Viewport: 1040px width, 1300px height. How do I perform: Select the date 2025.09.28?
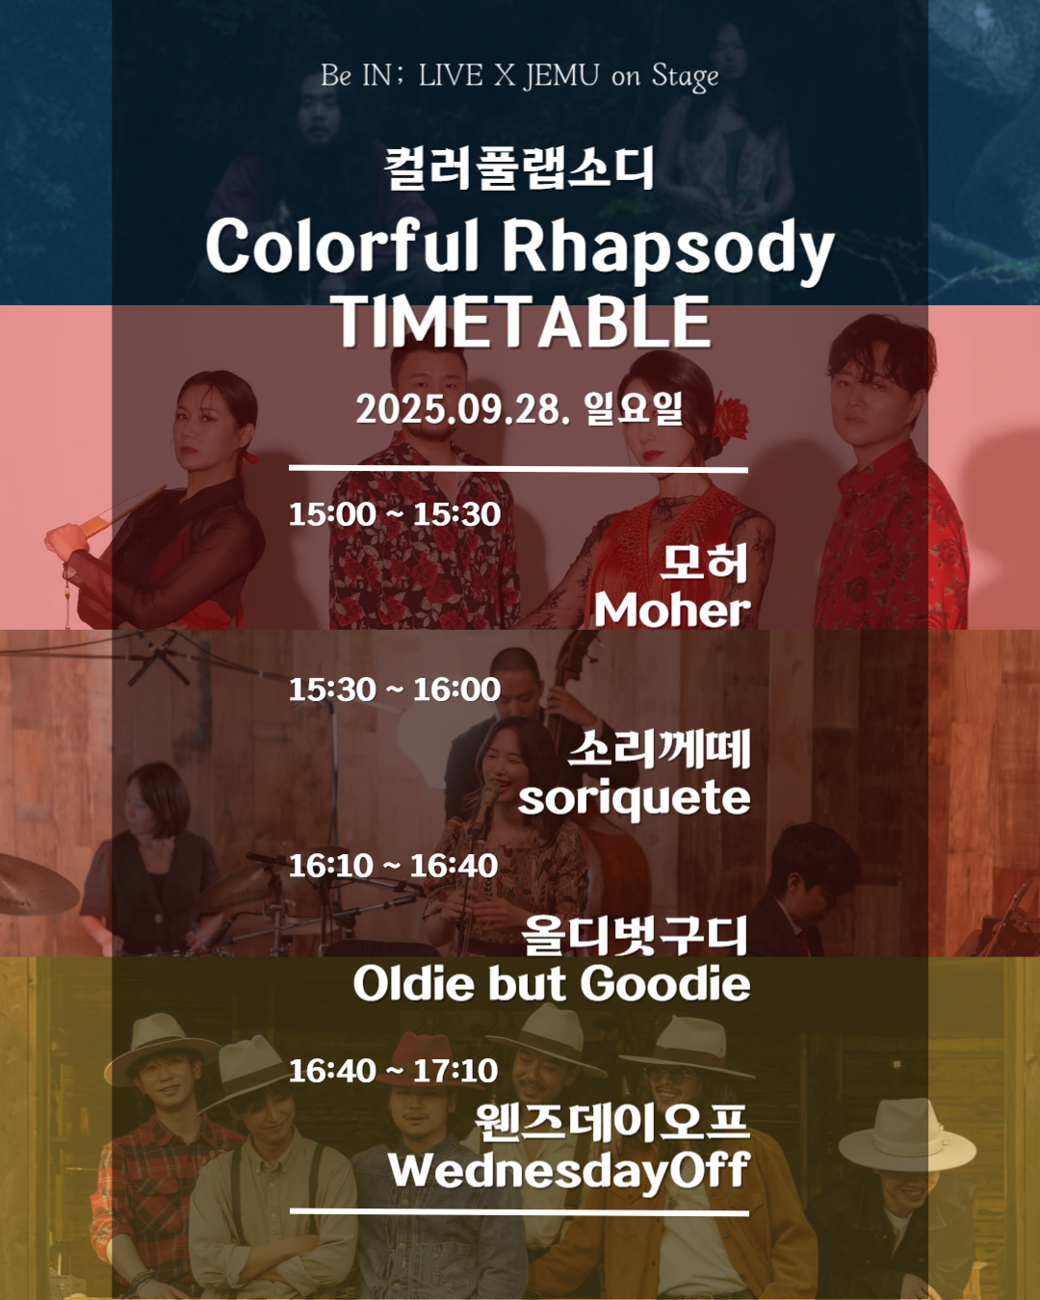(463, 410)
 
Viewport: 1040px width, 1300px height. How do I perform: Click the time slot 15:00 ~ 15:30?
(395, 514)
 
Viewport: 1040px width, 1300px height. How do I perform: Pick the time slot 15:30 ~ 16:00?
(395, 689)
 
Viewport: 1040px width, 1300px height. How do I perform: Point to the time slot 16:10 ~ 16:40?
(394, 866)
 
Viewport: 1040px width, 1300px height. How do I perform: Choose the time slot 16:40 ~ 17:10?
(394, 1071)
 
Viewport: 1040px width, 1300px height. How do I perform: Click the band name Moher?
(672, 611)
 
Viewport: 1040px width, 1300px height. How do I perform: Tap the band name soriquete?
(634, 799)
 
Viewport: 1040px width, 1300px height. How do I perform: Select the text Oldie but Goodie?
(552, 984)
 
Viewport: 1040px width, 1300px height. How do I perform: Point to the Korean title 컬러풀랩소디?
(519, 169)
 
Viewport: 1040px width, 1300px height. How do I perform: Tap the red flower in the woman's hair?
(730, 417)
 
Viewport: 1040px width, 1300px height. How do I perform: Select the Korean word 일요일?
(634, 409)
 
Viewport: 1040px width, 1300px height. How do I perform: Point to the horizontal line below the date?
(518, 469)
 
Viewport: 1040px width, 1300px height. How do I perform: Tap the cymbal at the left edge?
(34, 883)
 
